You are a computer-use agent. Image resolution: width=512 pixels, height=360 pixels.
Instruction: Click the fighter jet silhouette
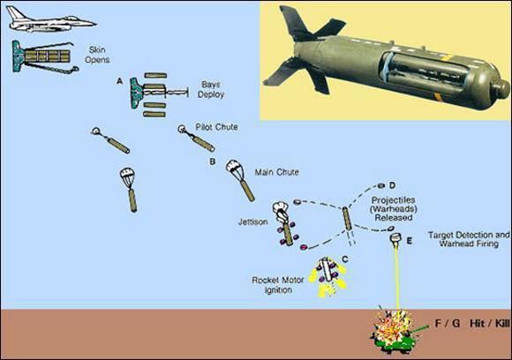coord(50,20)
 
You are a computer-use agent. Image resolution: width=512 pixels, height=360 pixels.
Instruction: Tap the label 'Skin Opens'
coord(97,55)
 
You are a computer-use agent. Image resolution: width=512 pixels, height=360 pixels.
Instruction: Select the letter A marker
coord(120,81)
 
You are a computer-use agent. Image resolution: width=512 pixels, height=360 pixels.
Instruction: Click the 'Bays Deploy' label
coord(211,89)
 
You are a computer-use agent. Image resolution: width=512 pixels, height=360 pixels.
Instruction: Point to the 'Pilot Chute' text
coord(216,127)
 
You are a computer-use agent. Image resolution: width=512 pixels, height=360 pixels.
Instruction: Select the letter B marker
coord(213,161)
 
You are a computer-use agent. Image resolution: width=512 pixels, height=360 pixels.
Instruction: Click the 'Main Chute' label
coord(276,172)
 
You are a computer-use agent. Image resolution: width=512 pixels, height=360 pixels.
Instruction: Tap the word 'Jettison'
coord(253,222)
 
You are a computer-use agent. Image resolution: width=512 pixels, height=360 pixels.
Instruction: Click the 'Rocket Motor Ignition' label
coord(278,285)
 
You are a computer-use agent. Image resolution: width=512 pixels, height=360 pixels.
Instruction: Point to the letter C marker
coord(345,259)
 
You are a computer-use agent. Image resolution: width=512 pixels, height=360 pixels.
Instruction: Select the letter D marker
coord(392,185)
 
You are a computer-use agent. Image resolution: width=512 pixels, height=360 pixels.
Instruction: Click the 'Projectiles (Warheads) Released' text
coord(393,209)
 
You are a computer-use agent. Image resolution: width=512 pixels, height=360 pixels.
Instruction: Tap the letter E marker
coord(409,241)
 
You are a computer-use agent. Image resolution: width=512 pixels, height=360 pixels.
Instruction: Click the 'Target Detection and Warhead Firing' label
coord(469,239)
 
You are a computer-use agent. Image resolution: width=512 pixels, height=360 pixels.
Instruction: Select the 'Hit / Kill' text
coord(489,324)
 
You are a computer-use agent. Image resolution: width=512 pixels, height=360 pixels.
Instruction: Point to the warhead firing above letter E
coord(395,238)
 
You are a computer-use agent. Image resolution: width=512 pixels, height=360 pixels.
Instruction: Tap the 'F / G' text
coord(448,324)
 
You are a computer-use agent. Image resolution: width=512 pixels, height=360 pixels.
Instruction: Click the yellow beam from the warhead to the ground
coord(397,276)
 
